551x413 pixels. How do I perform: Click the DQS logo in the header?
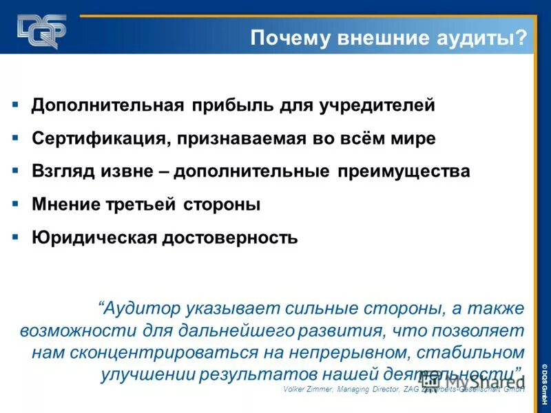[42, 31]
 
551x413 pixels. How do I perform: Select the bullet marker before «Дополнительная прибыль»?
[14, 105]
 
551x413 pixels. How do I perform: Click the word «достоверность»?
[230, 238]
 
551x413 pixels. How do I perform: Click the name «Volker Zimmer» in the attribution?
[306, 390]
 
